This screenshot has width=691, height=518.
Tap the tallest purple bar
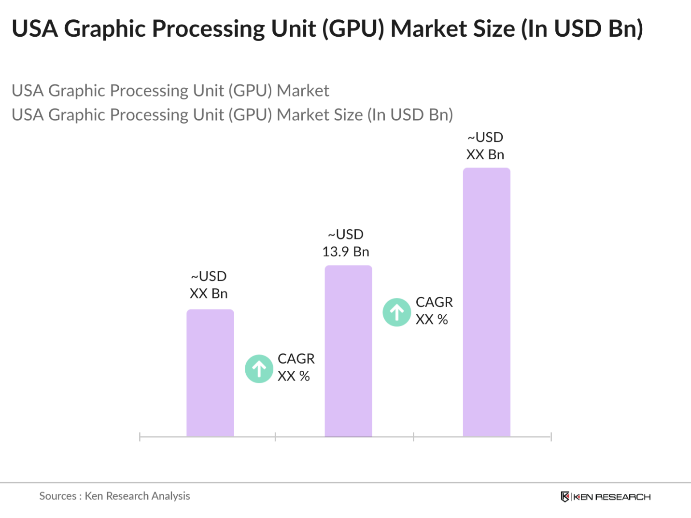(486, 302)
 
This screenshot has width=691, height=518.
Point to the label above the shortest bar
(209, 285)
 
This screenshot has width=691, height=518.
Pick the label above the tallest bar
(485, 146)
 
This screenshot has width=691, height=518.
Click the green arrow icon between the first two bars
(259, 369)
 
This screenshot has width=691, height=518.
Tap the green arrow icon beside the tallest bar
(397, 312)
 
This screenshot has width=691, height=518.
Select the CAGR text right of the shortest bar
(296, 367)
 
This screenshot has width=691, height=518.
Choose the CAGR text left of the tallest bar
(434, 311)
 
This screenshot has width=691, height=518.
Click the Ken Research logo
(606, 497)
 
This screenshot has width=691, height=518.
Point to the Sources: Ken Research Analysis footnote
(114, 496)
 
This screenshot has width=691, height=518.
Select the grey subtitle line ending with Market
(170, 91)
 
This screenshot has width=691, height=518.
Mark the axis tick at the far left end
(140, 437)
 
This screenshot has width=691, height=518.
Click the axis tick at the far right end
(551, 437)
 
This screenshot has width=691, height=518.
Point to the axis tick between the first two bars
(275, 437)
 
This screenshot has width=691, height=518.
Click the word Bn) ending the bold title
(625, 29)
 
